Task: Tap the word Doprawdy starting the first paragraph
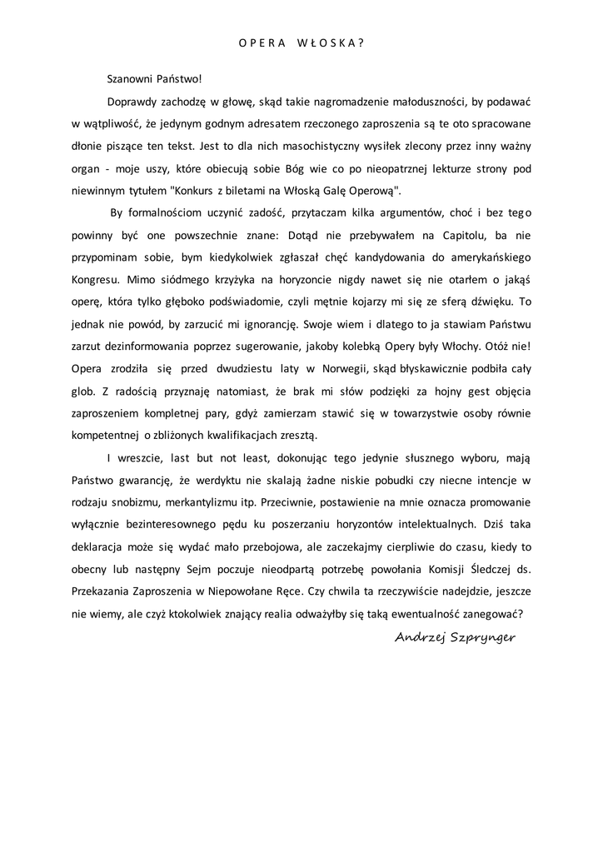click(133, 102)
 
